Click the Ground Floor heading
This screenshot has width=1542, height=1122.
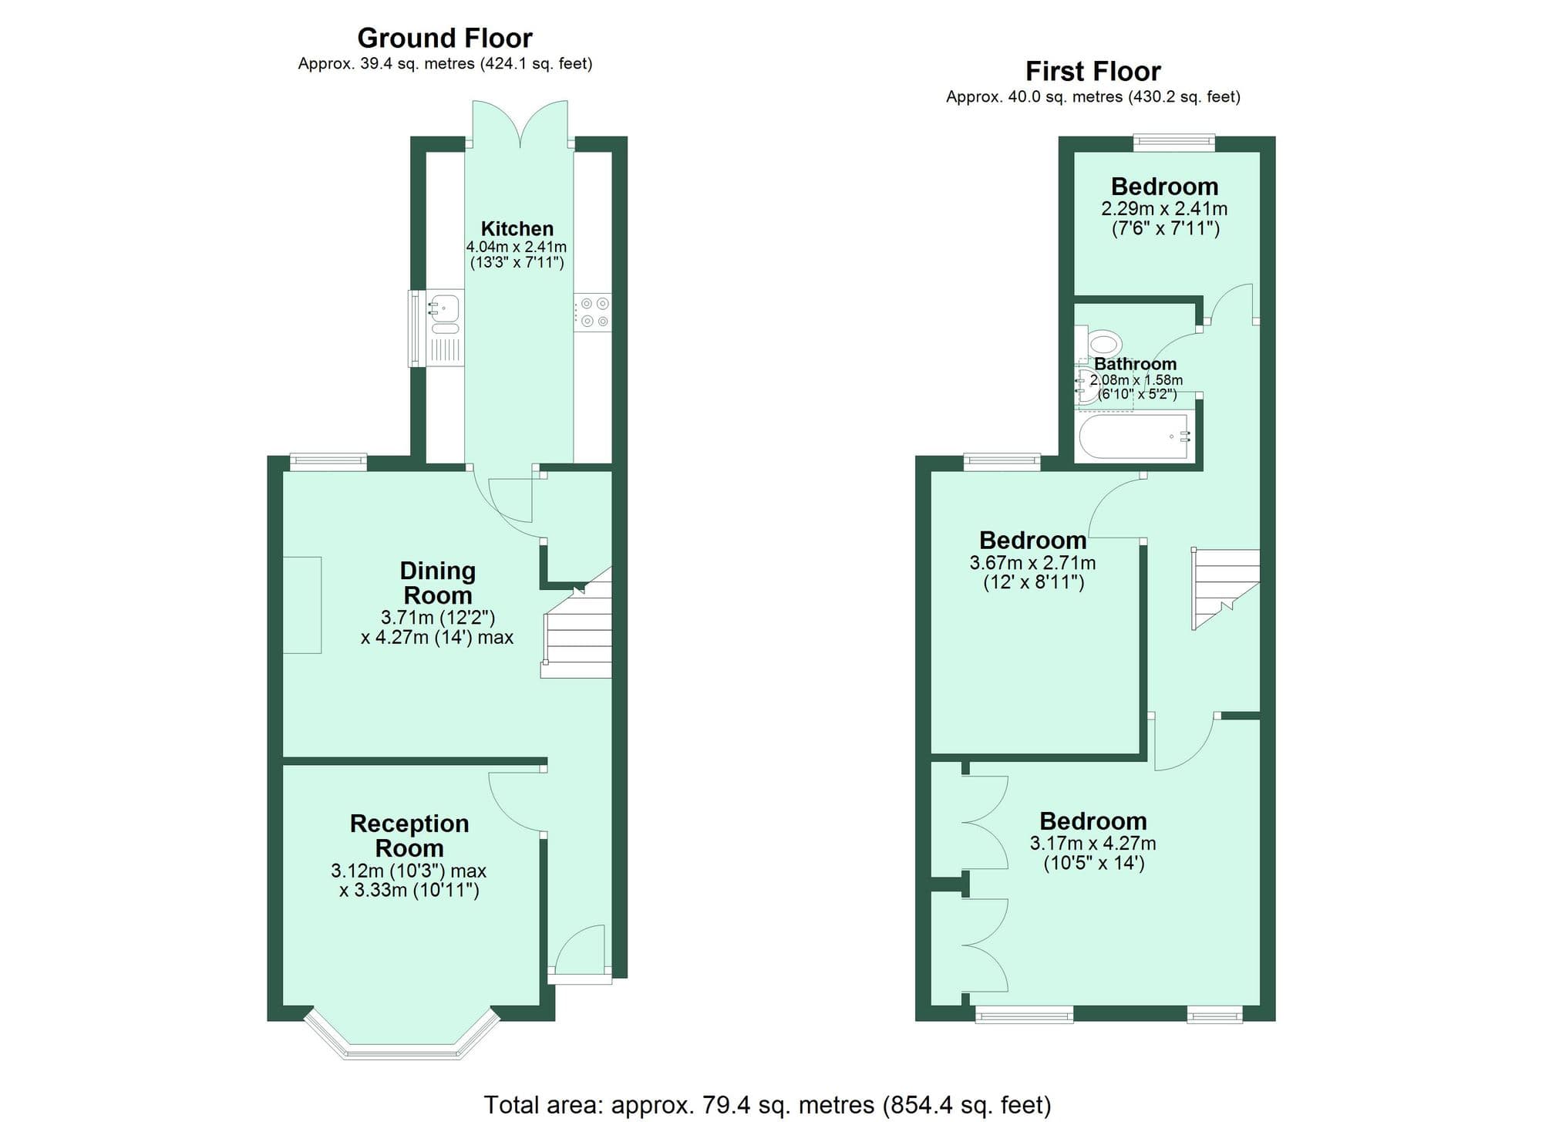pos(445,38)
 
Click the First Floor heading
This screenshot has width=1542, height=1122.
pos(1093,71)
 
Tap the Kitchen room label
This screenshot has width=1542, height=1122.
pos(517,228)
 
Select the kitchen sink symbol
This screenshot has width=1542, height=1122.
pos(444,309)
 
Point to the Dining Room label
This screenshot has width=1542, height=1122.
pos(437,583)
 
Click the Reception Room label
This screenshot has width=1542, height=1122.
pos(409,835)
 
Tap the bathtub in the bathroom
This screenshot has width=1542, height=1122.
pos(1133,437)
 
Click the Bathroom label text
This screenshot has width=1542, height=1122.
pos(1135,364)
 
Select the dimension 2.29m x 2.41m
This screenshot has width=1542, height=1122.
pos(1164,209)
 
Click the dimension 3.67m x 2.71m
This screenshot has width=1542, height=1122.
pos(1032,563)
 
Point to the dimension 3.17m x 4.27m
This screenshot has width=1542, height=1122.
pos(1093,844)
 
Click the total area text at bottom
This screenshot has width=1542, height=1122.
pos(767,1105)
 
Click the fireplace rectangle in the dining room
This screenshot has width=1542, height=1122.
pos(302,605)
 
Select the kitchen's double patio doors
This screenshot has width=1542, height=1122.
pos(520,123)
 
